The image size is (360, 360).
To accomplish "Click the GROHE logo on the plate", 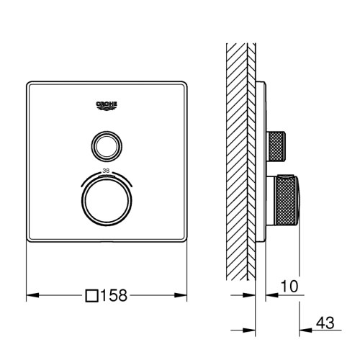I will click(x=107, y=106).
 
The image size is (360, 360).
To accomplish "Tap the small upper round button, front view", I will click(x=107, y=146).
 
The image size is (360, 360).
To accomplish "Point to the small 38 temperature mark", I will click(x=107, y=170).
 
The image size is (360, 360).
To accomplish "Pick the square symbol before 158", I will click(x=91, y=295).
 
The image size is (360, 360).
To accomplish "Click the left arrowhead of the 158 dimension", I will click(x=29, y=295).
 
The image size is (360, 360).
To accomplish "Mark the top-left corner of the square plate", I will click(x=28, y=82).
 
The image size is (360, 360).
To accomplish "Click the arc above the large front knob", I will click(x=107, y=176).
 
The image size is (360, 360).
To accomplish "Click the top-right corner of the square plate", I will click(x=186, y=82).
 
